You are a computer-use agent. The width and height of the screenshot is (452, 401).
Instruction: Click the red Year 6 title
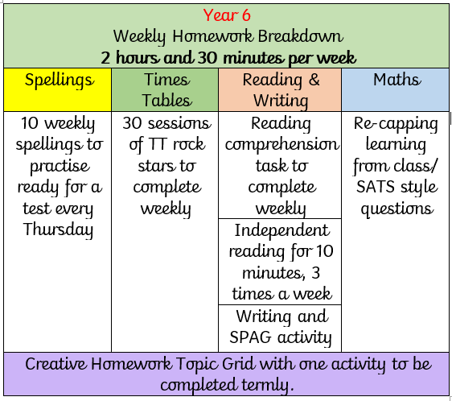click(x=227, y=15)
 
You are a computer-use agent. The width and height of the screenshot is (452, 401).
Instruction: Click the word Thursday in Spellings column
click(x=58, y=229)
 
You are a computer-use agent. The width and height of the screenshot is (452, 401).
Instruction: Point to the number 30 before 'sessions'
click(x=133, y=123)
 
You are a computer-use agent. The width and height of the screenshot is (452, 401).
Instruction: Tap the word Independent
click(x=281, y=230)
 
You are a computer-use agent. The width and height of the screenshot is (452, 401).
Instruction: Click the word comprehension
click(x=281, y=144)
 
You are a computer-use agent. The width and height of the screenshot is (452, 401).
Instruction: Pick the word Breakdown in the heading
click(x=300, y=36)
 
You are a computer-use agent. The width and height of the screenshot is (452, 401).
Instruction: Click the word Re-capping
click(x=396, y=124)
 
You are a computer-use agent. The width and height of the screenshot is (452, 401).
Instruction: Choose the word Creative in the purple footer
click(x=55, y=364)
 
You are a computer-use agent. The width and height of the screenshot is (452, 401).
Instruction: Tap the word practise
click(x=60, y=167)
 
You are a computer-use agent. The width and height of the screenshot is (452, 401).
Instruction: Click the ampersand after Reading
click(x=314, y=80)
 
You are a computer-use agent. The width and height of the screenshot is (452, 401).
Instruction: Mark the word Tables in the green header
click(x=166, y=101)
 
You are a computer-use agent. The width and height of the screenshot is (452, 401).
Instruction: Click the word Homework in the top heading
click(x=213, y=36)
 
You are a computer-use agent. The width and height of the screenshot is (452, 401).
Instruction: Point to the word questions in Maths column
click(x=397, y=209)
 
